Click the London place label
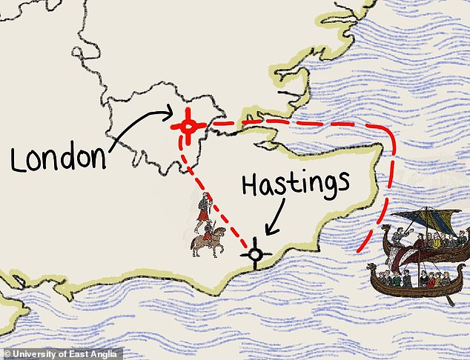tap(60, 156)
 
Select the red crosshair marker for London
tap(188, 127)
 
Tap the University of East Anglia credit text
tap(66, 353)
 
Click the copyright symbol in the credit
tap(7, 353)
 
